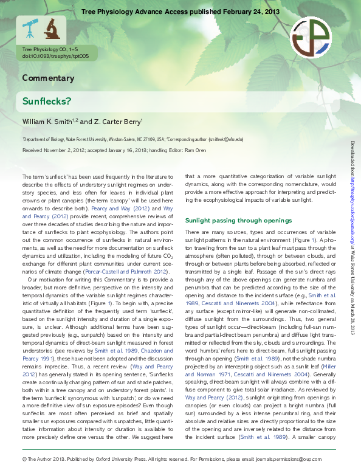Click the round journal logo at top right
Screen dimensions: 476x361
click(311, 37)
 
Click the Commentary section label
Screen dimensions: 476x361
click(48, 78)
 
